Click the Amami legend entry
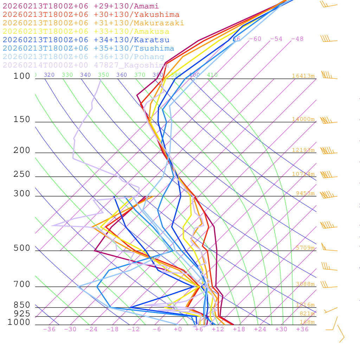(x=81, y=6)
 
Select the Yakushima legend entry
(x=91, y=15)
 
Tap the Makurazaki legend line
(x=93, y=23)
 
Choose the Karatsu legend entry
(x=86, y=40)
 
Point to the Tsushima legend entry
(x=88, y=49)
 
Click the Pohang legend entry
(x=83, y=57)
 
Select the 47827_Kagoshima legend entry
(x=86, y=65)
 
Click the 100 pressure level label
(x=22, y=76)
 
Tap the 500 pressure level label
(x=22, y=248)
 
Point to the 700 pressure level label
(x=22, y=284)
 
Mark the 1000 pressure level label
(x=19, y=322)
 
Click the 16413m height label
(x=303, y=76)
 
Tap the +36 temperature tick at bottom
(x=302, y=329)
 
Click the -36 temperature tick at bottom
(x=49, y=329)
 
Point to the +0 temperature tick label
(x=178, y=329)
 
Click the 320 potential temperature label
(x=49, y=75)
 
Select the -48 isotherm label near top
(x=297, y=39)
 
